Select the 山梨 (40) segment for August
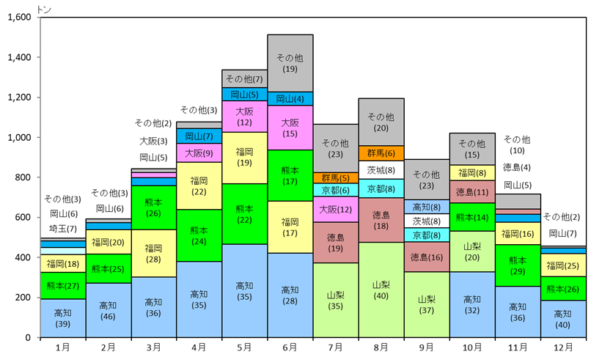coord(381,290)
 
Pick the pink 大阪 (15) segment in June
coord(290,128)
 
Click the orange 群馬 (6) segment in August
coord(381,153)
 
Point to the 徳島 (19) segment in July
coord(336,243)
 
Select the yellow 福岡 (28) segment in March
coord(154,253)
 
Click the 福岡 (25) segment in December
coord(563,265)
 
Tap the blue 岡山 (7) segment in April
coord(199,136)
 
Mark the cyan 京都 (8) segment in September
coord(427,235)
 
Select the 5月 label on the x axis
coord(245,348)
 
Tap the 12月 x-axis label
coord(563,348)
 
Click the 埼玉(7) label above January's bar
coord(63,229)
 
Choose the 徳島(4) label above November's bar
coord(518,167)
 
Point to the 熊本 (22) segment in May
coord(245,214)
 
